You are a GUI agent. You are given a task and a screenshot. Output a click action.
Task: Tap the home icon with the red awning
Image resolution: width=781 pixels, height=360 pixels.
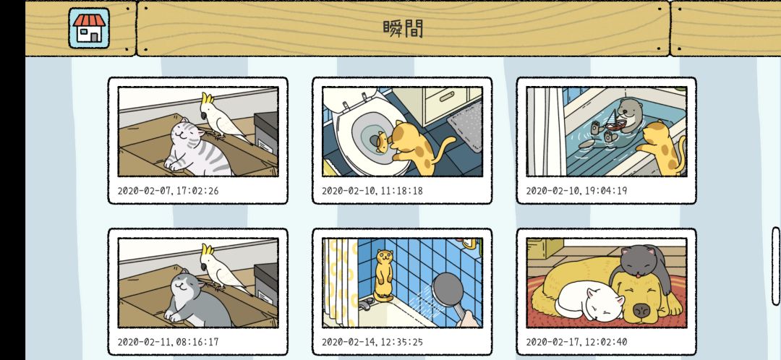[x=89, y=28]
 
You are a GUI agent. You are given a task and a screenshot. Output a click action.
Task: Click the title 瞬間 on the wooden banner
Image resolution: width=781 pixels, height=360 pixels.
[x=403, y=29]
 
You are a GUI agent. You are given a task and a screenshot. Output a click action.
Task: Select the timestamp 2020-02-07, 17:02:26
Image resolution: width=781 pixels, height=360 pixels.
[x=168, y=191]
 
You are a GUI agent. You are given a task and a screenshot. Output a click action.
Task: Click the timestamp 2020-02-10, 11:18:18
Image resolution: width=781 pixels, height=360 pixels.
[x=372, y=191]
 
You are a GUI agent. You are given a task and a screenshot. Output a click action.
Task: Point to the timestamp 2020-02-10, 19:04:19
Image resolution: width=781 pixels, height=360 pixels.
[x=576, y=191]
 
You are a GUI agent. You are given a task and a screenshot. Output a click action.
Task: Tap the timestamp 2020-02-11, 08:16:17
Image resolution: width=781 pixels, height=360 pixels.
[x=168, y=342]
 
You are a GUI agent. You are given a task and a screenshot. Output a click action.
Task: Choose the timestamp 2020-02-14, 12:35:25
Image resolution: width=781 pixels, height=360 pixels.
[x=372, y=342]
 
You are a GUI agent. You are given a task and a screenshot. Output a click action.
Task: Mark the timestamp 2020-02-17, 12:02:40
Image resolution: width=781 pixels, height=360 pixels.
[x=576, y=342]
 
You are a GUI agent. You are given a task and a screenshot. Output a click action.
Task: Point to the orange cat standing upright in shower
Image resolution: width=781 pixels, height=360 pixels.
[x=383, y=275]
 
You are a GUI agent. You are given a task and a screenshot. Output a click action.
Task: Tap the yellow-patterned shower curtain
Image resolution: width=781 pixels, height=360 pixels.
[x=341, y=281]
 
